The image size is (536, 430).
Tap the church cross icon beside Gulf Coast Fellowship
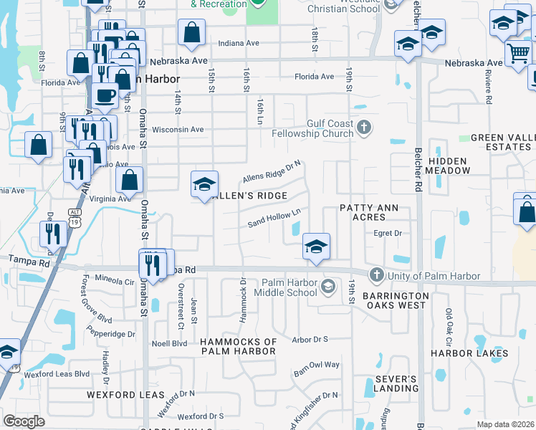click(x=364, y=128)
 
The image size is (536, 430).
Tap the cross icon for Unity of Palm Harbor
click(x=377, y=275)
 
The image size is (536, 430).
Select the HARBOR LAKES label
click(x=469, y=353)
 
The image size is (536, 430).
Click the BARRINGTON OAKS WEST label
click(x=395, y=300)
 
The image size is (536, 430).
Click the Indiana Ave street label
click(x=239, y=43)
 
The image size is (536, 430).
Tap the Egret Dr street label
click(x=388, y=233)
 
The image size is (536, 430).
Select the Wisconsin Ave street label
click(x=178, y=130)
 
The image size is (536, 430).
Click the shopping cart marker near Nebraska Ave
click(x=518, y=52)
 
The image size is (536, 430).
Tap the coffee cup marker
click(x=105, y=95)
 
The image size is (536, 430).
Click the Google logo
click(x=24, y=421)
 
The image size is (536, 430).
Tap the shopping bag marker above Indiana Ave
click(x=191, y=32)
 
